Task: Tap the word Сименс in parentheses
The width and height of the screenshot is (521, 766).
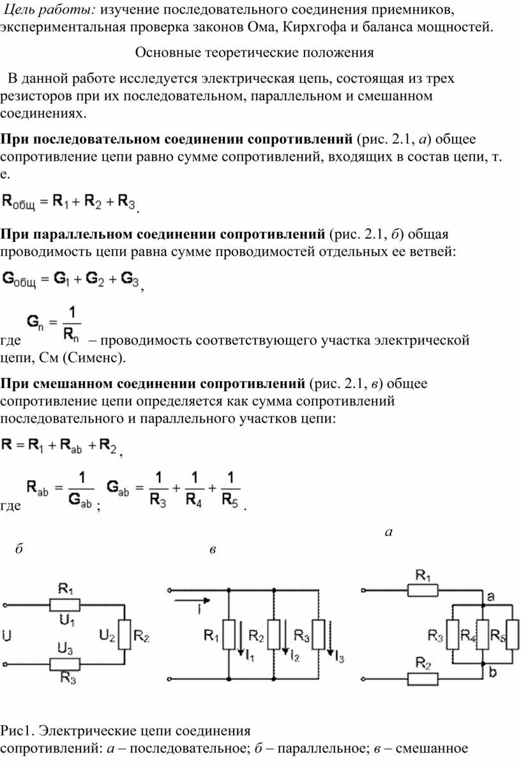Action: (x=91, y=357)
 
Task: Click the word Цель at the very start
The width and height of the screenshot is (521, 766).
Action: (x=19, y=10)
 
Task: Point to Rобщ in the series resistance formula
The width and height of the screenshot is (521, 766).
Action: (x=18, y=202)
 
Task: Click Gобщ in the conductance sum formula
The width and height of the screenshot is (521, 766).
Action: (x=19, y=280)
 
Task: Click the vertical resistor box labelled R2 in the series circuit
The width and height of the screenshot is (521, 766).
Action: (x=125, y=635)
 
